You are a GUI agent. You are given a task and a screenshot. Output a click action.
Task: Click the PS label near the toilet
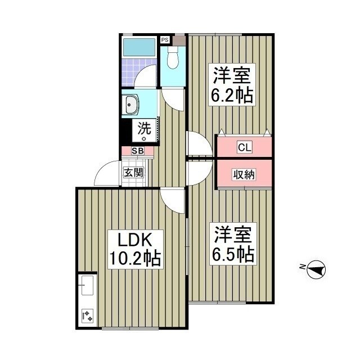click(165, 40)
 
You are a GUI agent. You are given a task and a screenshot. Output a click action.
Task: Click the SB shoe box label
click(138, 151)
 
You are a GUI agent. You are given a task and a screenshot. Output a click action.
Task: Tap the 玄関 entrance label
click(133, 172)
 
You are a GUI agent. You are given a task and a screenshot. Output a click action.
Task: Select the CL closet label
click(244, 148)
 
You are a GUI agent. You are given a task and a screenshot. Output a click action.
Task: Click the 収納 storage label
click(244, 175)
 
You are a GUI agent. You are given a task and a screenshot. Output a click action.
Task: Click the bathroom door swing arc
click(147, 78)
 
